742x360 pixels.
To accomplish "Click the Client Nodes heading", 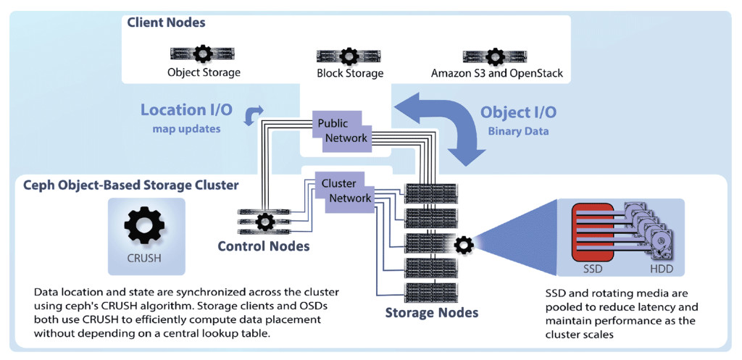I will coord(166,22).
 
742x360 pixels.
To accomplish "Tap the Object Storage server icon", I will coord(204,54).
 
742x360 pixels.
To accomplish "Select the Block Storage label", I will coord(350,73).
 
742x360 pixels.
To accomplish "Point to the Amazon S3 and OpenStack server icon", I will coord(496,56).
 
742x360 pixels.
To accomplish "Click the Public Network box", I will coord(343,131).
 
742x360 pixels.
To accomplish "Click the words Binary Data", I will coord(519,131).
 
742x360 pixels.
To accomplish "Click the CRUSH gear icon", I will coord(145,226).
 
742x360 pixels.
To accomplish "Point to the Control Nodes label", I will coord(264,246).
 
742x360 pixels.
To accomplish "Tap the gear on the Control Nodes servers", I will coord(265,220).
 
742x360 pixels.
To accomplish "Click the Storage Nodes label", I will coord(432,313).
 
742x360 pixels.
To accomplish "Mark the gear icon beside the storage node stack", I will coord(463,246).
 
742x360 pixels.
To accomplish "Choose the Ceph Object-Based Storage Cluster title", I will coord(131,185).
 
